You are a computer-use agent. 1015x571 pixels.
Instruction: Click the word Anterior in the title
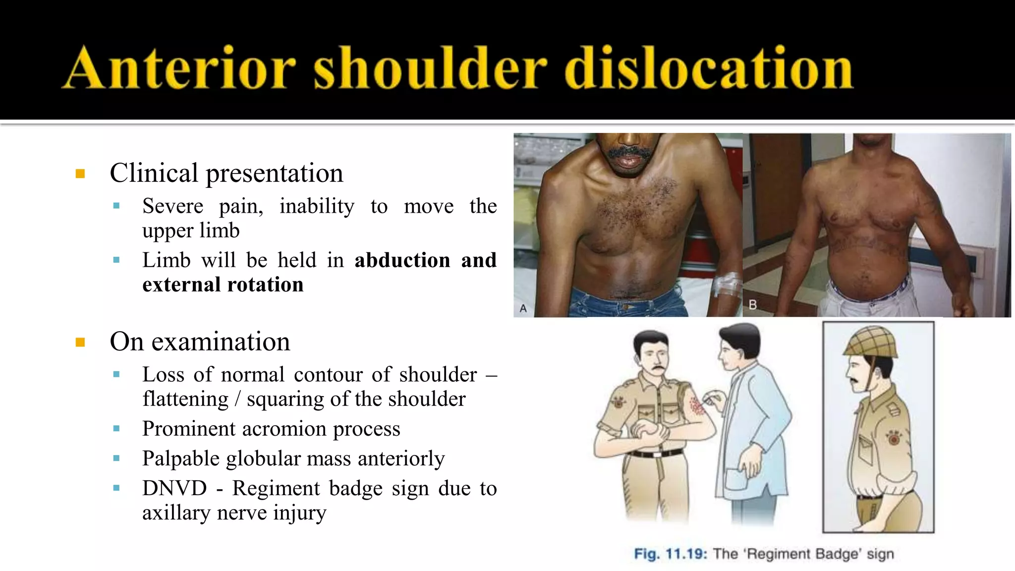tap(181, 68)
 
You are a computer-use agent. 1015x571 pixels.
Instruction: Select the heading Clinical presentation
tap(226, 173)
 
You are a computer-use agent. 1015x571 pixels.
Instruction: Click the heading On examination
tap(200, 342)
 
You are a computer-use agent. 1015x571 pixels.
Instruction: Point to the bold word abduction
tap(402, 260)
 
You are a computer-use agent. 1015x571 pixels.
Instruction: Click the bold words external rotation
tap(223, 285)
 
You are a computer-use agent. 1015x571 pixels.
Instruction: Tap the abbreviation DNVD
tap(174, 488)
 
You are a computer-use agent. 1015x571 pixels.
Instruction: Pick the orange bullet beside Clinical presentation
tap(80, 173)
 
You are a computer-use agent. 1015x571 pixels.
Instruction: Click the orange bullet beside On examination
tap(80, 342)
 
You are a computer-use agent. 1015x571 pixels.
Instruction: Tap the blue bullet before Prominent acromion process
tap(116, 429)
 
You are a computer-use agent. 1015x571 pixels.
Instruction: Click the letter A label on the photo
tap(523, 308)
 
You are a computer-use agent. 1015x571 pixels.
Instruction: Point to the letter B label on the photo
tap(752, 304)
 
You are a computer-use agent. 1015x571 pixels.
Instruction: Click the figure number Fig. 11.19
tap(670, 554)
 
